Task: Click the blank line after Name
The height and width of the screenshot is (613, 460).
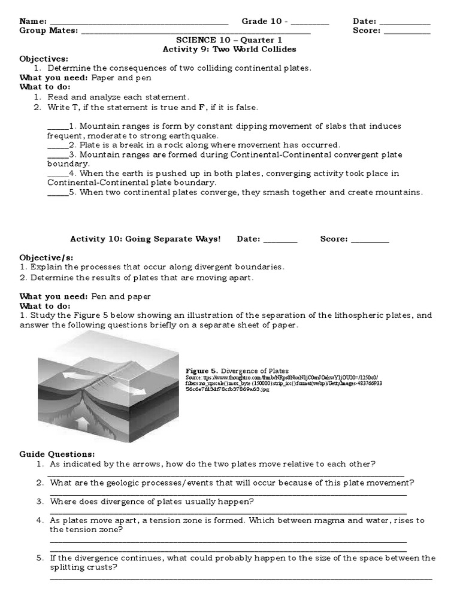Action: (x=138, y=23)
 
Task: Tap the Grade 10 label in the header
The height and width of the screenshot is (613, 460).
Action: (x=263, y=22)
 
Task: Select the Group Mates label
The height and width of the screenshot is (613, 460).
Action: (x=48, y=31)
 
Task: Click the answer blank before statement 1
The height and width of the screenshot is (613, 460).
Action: (x=57, y=127)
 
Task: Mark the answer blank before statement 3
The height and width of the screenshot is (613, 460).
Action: (x=57, y=154)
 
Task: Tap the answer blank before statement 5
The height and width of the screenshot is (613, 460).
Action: (x=57, y=193)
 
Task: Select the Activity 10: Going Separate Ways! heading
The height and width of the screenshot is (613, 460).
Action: (x=146, y=239)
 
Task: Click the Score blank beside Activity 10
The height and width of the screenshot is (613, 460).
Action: (x=370, y=240)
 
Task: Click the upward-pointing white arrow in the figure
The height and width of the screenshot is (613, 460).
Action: (x=84, y=424)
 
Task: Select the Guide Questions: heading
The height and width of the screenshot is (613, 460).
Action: (x=57, y=454)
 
